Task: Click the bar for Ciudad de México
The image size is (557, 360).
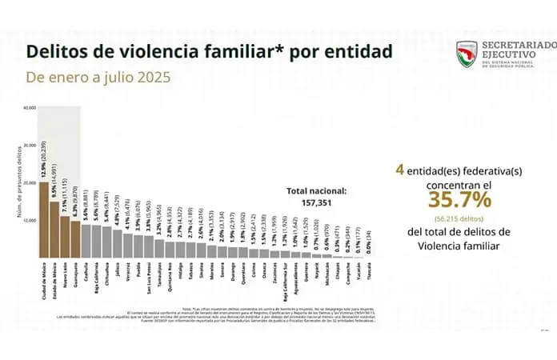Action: [x=43, y=219]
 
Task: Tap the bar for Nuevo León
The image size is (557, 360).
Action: [x=65, y=236]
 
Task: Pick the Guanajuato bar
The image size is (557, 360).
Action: [x=75, y=238]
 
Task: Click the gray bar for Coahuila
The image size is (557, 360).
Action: [x=86, y=241]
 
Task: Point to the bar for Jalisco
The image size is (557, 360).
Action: [x=118, y=243]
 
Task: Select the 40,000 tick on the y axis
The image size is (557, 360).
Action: [x=30, y=107]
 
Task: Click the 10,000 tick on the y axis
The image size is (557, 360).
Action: [x=30, y=219]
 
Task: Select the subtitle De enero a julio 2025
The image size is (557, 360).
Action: [x=98, y=78]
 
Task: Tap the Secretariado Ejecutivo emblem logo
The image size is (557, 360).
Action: [x=467, y=54]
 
